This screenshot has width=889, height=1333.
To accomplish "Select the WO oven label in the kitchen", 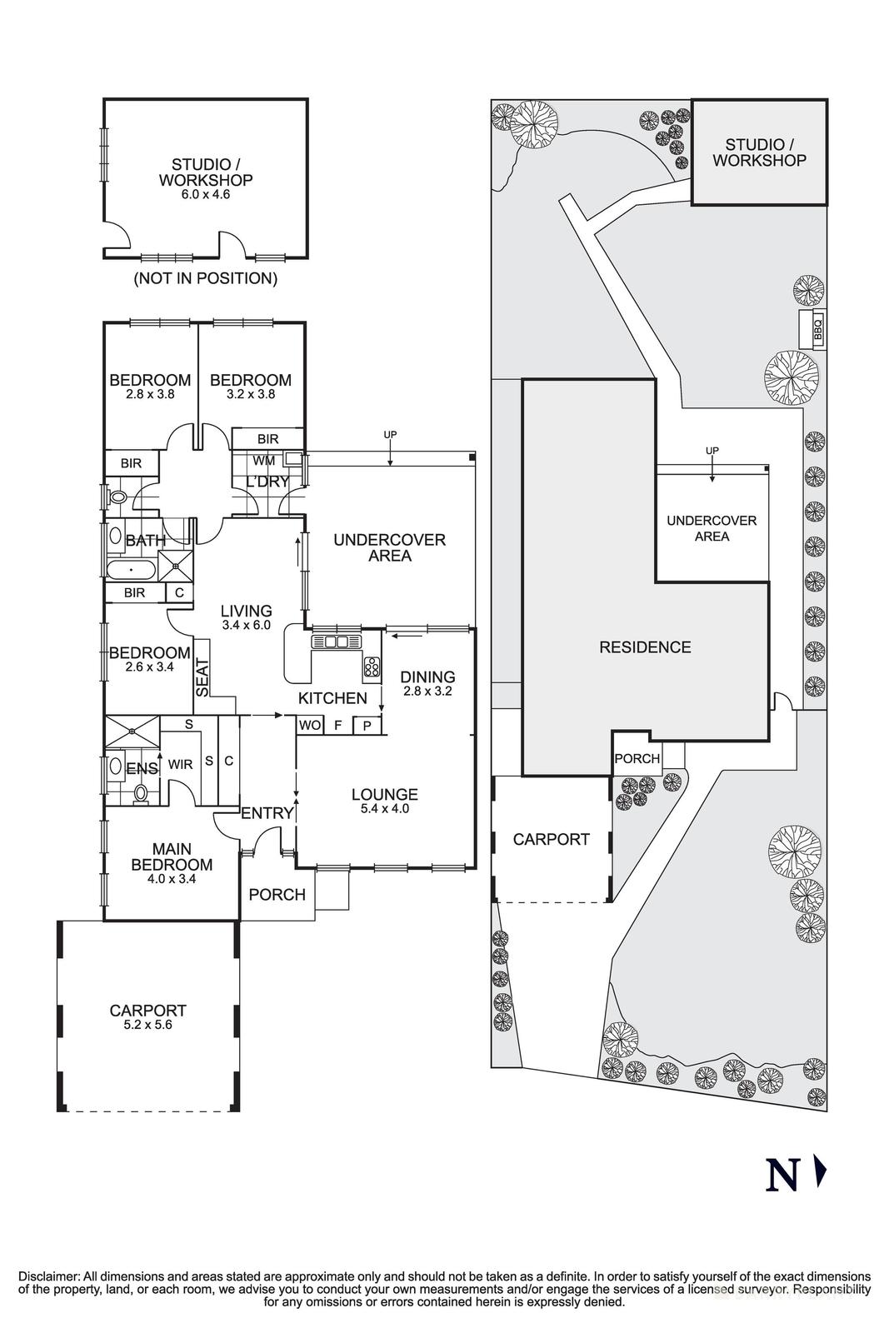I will [310, 726].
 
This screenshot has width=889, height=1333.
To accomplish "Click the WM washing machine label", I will [263, 460].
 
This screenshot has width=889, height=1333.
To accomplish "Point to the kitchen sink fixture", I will [337, 642].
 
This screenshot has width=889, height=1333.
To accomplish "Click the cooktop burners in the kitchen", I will [372, 666].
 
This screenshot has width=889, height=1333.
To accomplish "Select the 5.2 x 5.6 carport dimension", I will [147, 1026].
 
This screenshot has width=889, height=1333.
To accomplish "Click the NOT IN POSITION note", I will [205, 278].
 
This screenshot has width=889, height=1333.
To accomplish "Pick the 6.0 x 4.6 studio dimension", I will [205, 195].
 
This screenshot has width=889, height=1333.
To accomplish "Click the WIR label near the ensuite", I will [181, 764].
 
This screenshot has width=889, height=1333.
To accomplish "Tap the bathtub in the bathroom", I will [131, 571].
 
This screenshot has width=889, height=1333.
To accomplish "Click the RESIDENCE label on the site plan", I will [645, 647].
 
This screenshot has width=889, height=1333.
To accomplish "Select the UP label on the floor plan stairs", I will [390, 435].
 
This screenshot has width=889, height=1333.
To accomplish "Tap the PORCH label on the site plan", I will [637, 759].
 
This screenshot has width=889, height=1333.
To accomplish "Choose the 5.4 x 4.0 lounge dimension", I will [384, 808].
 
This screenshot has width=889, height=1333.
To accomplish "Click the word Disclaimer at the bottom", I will [48, 1276].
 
